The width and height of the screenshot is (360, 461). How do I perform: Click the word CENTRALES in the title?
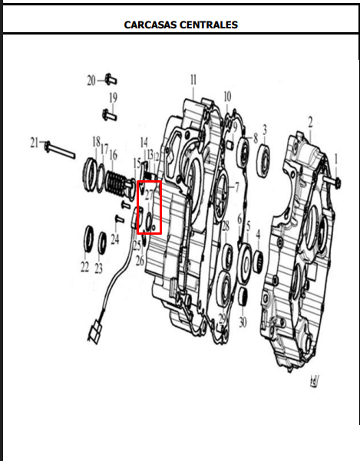click(x=210, y=25)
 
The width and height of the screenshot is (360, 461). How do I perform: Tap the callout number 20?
click(x=91, y=81)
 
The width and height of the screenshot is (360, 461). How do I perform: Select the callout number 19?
click(x=113, y=97)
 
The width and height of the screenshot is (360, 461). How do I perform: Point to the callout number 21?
click(x=34, y=142)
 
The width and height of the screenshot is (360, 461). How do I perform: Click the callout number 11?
click(x=193, y=80)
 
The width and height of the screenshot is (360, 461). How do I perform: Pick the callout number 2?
click(x=310, y=121)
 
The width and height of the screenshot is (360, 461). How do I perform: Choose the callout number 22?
click(x=84, y=268)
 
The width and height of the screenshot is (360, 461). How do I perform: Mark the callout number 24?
click(x=114, y=239)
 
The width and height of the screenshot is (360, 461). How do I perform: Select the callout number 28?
click(x=225, y=225)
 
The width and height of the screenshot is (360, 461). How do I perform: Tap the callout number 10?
click(x=227, y=96)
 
